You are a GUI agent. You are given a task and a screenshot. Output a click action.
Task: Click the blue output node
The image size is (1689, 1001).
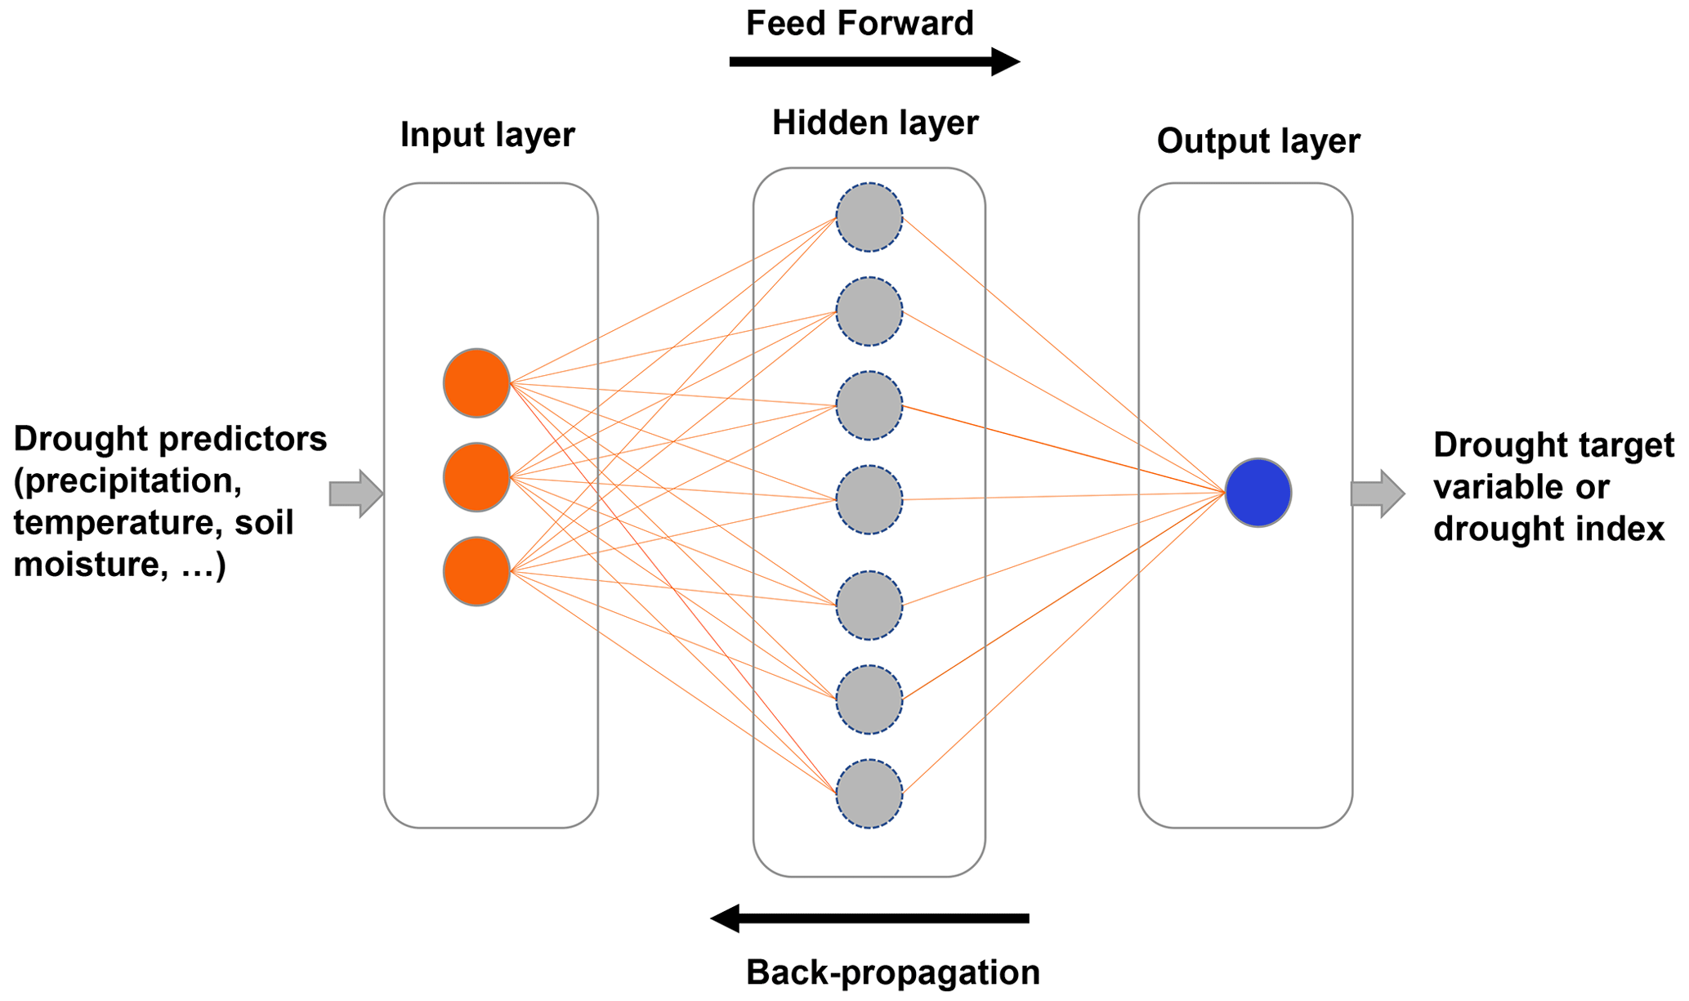tap(1258, 493)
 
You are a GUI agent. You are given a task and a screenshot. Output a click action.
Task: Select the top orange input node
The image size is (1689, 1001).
tap(476, 383)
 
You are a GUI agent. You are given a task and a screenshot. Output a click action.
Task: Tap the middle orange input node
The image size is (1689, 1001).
tap(476, 477)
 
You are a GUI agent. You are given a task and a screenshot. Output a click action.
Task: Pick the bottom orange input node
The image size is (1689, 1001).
tap(476, 571)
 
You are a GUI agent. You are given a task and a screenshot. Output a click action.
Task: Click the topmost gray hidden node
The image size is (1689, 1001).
tap(869, 217)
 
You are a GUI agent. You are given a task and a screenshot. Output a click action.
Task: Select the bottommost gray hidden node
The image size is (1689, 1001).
tap(869, 793)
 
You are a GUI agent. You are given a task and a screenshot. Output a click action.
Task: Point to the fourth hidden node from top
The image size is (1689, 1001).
tap(869, 500)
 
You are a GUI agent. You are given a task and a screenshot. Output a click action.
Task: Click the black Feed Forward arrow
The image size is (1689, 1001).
tap(874, 61)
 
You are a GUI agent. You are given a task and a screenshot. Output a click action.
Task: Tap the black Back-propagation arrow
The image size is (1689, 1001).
tap(869, 918)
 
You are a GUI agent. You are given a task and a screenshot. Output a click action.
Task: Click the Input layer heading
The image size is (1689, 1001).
tap(487, 135)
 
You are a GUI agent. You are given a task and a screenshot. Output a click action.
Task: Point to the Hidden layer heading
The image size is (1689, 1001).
tap(874, 123)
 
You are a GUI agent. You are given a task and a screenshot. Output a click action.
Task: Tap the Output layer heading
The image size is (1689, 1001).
tap(1258, 141)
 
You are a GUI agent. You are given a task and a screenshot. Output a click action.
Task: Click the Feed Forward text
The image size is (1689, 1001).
tap(860, 24)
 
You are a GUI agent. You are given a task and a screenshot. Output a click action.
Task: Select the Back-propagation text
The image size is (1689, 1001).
tap(892, 972)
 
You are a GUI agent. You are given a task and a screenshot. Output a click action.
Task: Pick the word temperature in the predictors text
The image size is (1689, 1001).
tap(112, 523)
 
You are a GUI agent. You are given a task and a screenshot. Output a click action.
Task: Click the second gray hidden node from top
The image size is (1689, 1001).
tap(869, 311)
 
